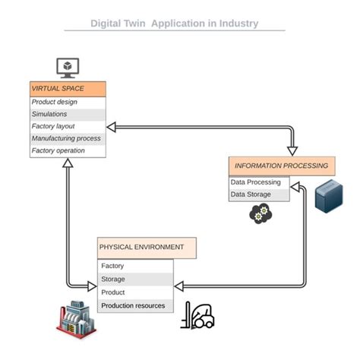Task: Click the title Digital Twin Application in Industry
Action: tap(175, 24)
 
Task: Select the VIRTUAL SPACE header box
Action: tap(68, 89)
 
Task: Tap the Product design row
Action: tap(68, 103)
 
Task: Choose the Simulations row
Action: tap(68, 115)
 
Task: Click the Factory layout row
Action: tap(68, 127)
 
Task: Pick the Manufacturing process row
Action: tap(68, 139)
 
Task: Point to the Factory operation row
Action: tap(68, 151)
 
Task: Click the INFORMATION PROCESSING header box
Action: tap(281, 166)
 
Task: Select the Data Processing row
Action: tap(259, 183)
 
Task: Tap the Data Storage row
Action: tap(259, 195)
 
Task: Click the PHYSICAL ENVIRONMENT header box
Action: tap(147, 248)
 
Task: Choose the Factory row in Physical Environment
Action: tap(135, 267)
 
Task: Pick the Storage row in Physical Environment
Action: tap(135, 279)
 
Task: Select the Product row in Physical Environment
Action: tap(135, 292)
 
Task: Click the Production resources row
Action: tap(135, 306)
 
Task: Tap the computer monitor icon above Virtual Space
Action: tap(68, 67)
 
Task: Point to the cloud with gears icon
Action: tap(260, 215)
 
